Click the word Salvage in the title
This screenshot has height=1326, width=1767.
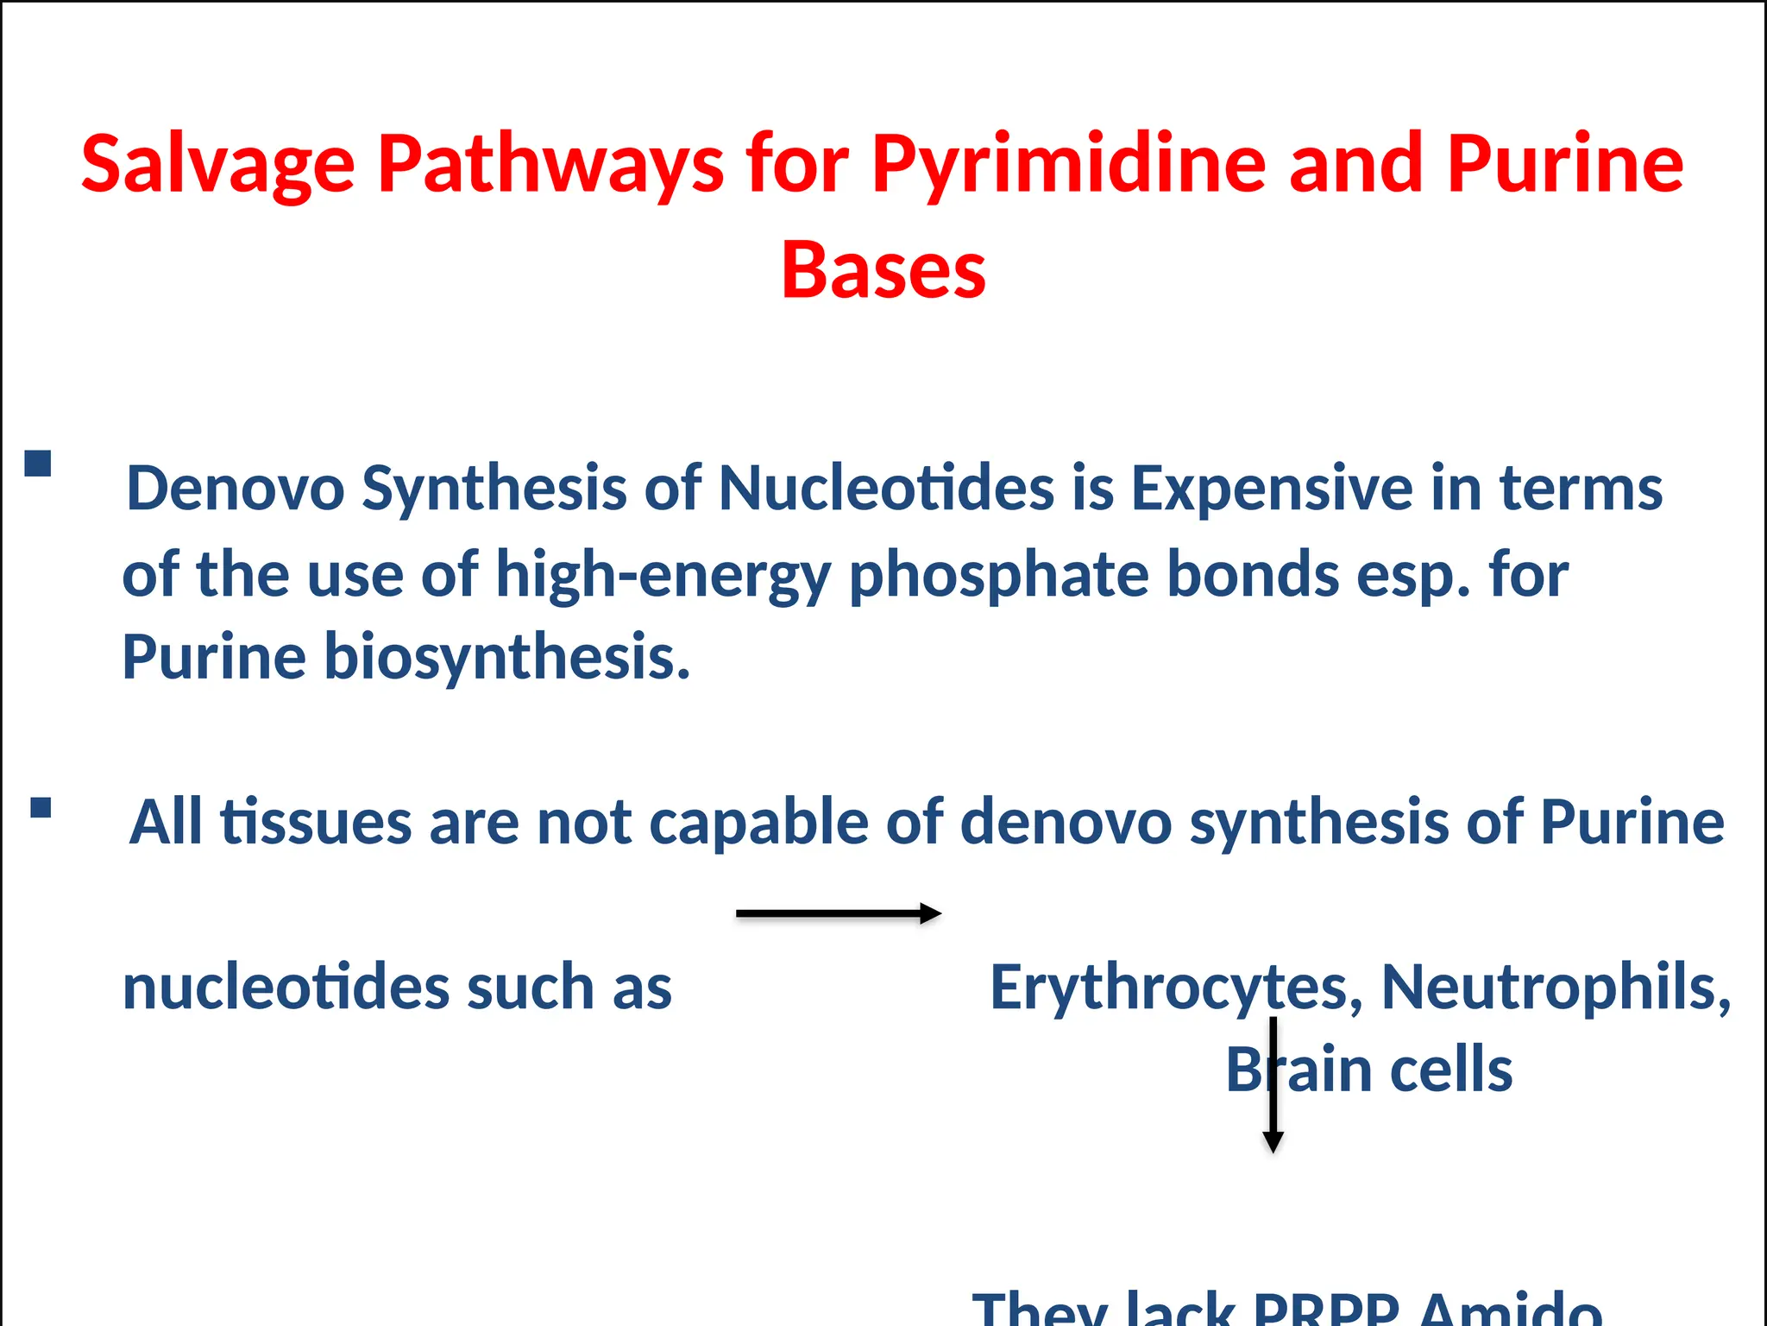(217, 164)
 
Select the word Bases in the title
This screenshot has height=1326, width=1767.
(883, 271)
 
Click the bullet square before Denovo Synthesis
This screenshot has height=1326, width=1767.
(38, 464)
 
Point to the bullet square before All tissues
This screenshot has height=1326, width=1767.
(41, 808)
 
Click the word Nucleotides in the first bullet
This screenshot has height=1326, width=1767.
(886, 489)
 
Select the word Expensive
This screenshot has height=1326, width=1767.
(1272, 489)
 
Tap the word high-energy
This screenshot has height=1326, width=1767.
(663, 575)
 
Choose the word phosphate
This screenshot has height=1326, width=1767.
(999, 575)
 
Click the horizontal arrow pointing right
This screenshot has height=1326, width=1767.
(838, 913)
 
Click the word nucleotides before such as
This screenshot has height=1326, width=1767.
(286, 987)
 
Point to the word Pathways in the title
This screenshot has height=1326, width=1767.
(550, 164)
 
